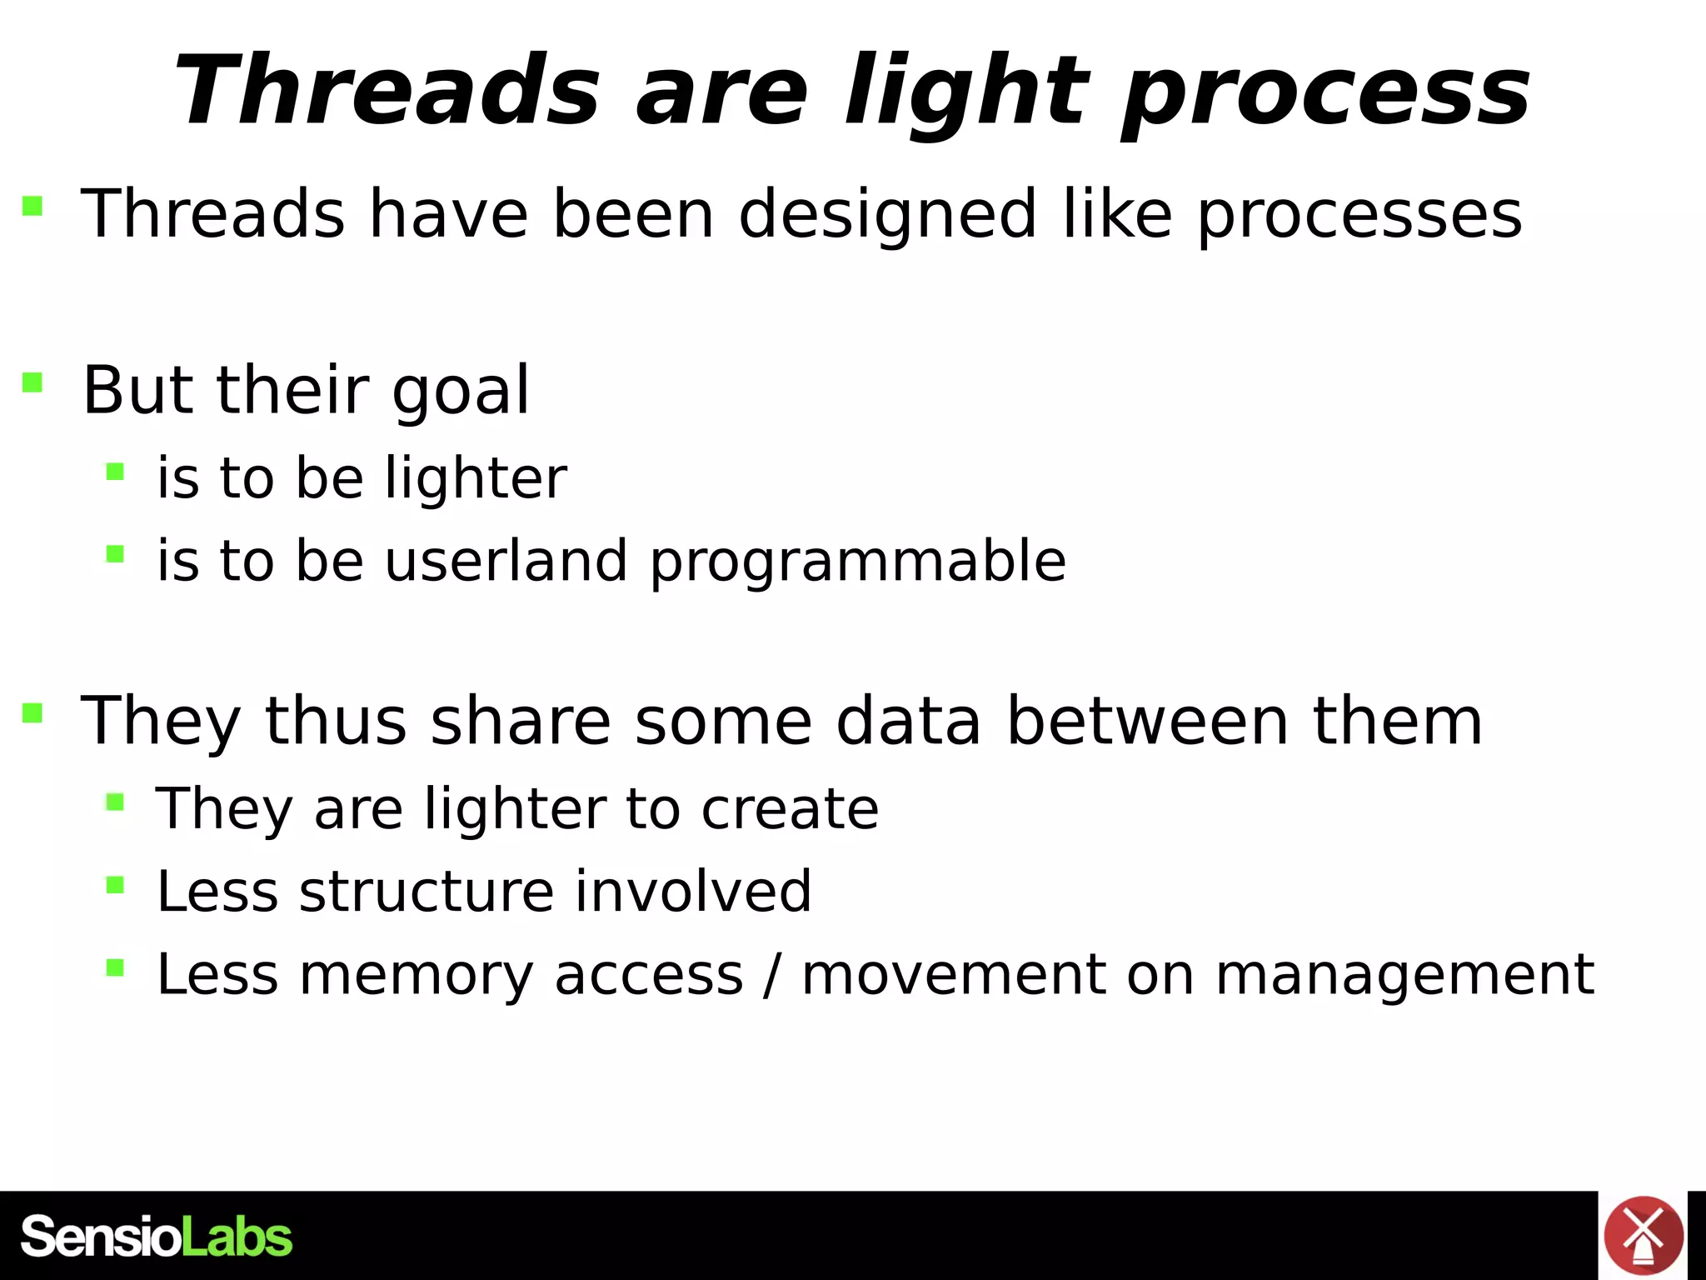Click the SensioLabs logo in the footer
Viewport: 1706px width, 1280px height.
point(156,1236)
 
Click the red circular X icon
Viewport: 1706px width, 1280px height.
point(1644,1236)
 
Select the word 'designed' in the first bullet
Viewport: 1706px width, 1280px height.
point(887,215)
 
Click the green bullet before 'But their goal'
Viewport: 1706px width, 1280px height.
point(32,382)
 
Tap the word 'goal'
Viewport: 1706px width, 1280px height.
point(461,392)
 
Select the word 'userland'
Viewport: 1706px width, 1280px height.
point(506,560)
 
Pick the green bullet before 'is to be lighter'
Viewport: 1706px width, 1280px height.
point(115,472)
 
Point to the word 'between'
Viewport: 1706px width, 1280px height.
point(1147,721)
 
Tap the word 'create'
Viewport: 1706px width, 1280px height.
point(789,809)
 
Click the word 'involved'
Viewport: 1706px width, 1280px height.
point(693,892)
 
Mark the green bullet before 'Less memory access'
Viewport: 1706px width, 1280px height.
point(115,967)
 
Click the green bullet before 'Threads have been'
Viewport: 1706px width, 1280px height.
point(32,205)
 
